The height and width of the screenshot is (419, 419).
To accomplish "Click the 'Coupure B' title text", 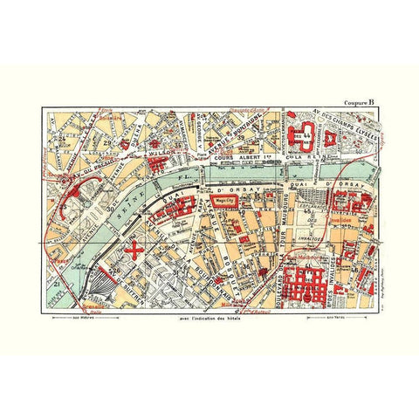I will point(360,101).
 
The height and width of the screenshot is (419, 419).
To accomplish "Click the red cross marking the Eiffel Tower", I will point(134,248).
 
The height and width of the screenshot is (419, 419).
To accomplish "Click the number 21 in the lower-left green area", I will point(55,285).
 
